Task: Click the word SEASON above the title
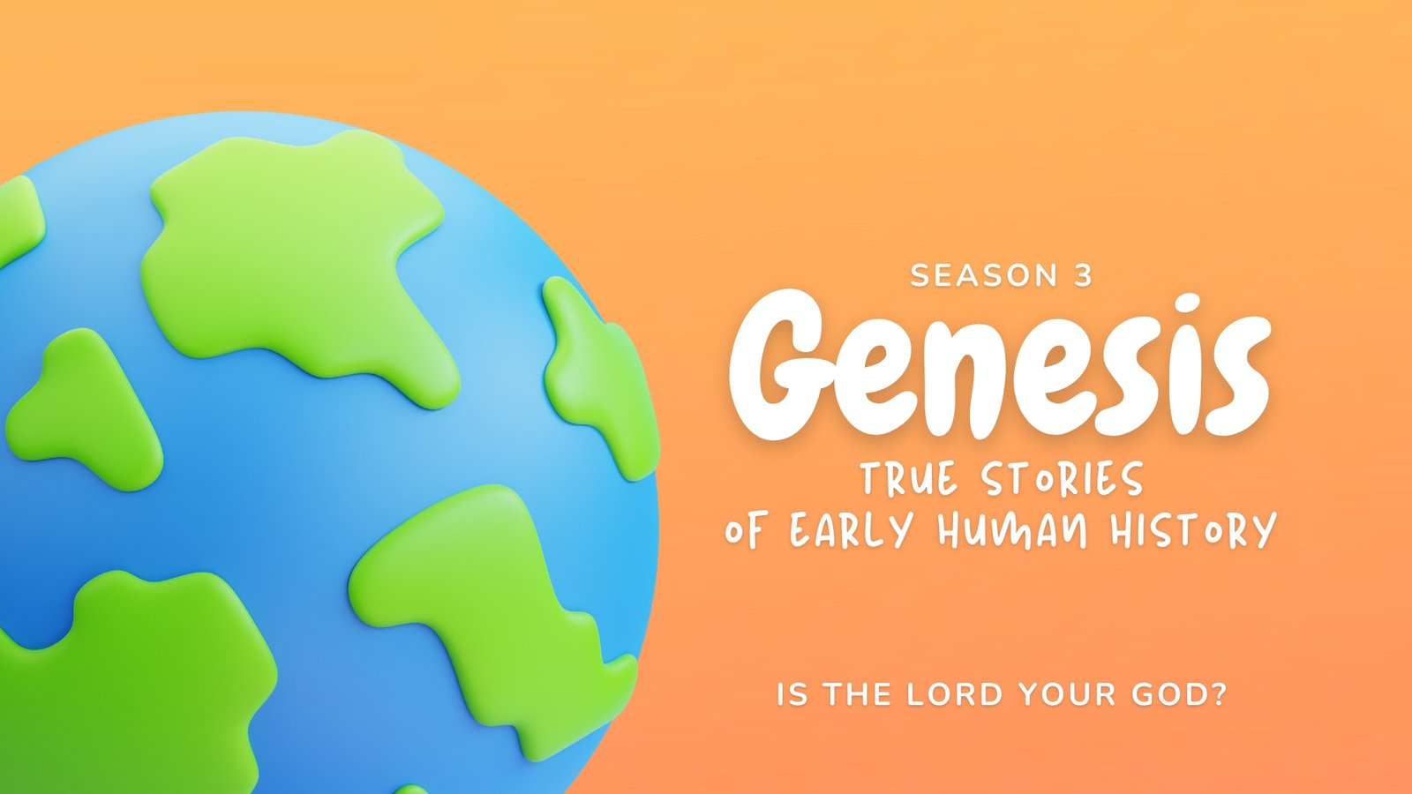coord(984,276)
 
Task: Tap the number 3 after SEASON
coord(1082,276)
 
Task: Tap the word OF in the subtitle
coord(748,531)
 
